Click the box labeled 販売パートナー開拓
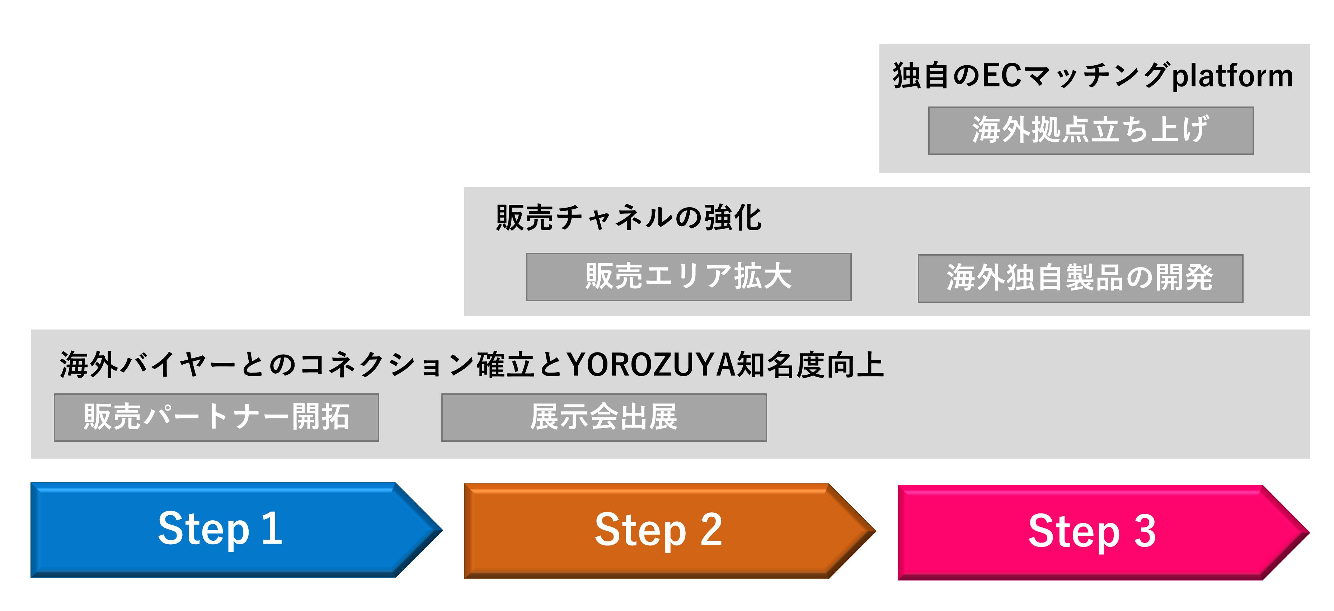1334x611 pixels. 216,417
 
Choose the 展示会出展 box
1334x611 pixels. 604,417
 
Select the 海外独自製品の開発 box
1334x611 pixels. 1080,278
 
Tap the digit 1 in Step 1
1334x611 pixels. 272,529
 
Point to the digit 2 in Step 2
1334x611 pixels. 711,530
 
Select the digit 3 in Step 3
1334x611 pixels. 1145,531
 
